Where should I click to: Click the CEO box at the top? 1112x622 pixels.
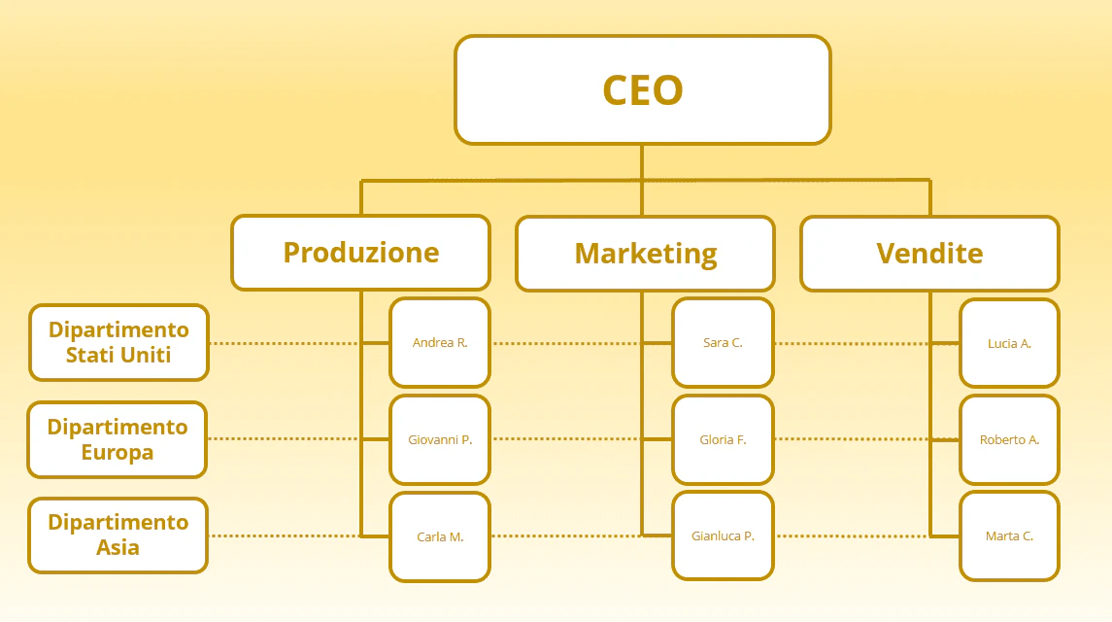643,90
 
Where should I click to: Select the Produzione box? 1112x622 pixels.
361,253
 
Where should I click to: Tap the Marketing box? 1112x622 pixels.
646,254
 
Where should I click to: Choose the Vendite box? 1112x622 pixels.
929,254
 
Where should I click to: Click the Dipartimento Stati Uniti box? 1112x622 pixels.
118,342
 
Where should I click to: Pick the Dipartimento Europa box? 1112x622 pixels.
117,439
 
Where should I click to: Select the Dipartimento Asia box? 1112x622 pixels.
118,536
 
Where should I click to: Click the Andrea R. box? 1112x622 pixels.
440,342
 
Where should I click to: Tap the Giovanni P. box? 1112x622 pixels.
440,439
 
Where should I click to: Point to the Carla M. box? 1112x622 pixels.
440,536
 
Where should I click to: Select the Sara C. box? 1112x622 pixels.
723,342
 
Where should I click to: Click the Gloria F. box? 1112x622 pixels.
723,439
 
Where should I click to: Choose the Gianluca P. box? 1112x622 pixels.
723,536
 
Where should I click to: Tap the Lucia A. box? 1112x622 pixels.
1009,343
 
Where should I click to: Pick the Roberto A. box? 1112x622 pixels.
1009,439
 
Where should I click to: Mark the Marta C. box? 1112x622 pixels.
1009,536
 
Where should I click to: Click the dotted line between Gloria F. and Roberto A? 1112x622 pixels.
852,439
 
